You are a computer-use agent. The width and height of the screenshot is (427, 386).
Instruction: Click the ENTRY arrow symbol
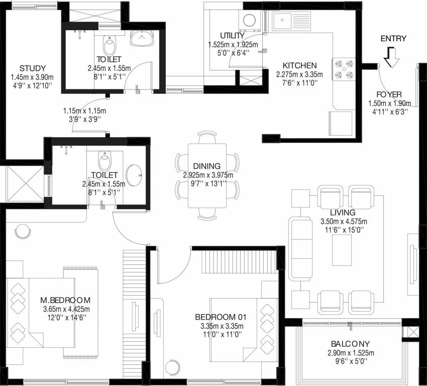[391, 57]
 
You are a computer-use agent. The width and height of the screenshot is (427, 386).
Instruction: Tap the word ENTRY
[393, 39]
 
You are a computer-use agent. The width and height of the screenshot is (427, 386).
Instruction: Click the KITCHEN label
[299, 66]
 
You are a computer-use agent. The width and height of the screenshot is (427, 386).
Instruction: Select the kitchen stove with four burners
[343, 70]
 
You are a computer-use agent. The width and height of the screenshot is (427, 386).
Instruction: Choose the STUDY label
[33, 68]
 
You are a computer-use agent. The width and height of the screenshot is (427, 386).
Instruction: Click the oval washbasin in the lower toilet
[134, 174]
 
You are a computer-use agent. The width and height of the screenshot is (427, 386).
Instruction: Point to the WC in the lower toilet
[105, 162]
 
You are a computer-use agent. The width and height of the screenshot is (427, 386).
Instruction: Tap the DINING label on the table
[206, 166]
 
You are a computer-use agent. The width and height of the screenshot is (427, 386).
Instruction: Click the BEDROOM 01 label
[221, 317]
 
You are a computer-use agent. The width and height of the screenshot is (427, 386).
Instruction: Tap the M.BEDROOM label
[66, 301]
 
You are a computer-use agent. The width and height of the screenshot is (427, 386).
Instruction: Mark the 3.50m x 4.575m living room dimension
[344, 221]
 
